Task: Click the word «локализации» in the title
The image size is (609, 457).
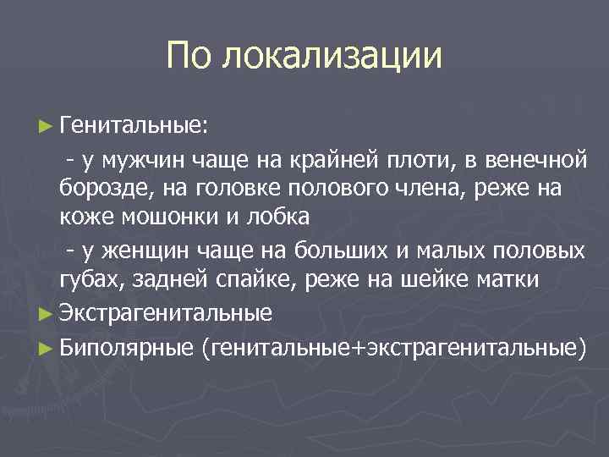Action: pyautogui.click(x=332, y=57)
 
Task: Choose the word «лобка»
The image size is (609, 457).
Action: pyautogui.click(x=280, y=217)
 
